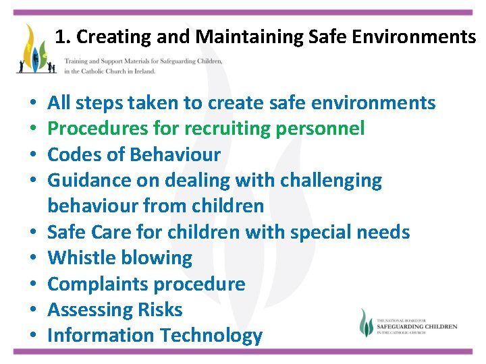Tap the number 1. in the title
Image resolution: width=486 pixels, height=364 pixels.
pyautogui.click(x=62, y=36)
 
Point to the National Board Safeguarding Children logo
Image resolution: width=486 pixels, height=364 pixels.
pyautogui.click(x=408, y=324)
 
